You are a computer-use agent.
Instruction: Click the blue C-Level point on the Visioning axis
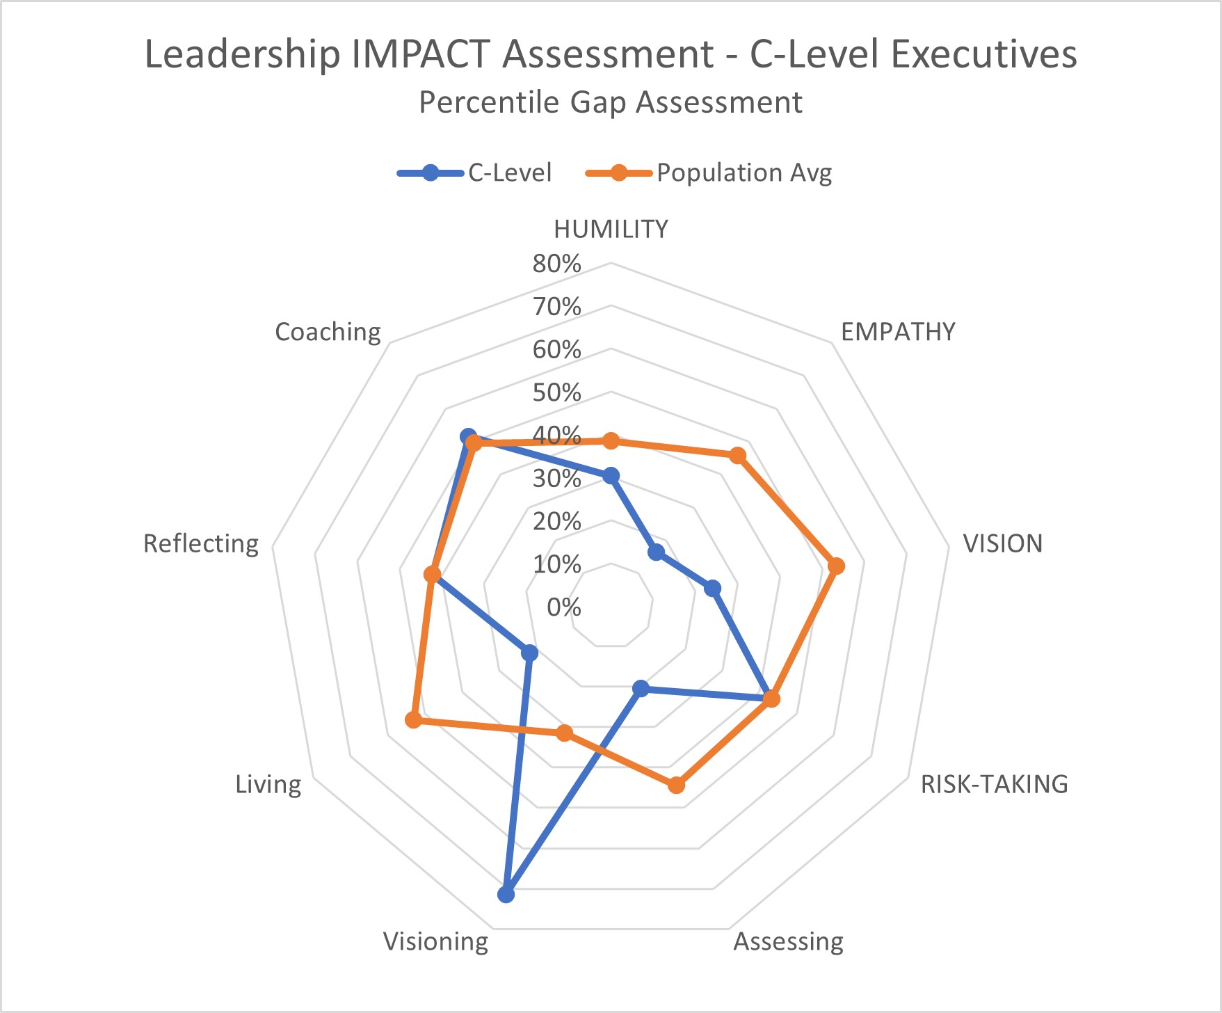tap(506, 894)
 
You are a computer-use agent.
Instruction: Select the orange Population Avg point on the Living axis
tap(413, 719)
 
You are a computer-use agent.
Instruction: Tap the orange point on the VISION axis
tap(837, 566)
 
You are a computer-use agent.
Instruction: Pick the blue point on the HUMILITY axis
tap(611, 476)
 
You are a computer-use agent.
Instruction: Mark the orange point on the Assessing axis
tap(676, 785)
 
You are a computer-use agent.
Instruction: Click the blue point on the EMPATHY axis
tap(656, 552)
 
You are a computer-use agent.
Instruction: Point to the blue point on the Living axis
tap(529, 653)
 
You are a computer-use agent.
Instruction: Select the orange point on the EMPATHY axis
tap(737, 456)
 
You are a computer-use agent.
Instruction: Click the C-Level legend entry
tap(509, 173)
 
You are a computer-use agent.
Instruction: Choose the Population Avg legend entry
tap(743, 173)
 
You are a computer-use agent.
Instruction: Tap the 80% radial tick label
tap(556, 264)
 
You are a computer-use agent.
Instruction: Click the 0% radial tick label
tap(563, 607)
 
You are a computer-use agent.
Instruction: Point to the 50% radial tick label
tap(556, 392)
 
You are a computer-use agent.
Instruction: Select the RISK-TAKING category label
tap(994, 784)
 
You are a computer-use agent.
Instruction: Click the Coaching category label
tap(328, 332)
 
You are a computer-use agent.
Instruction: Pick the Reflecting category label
tap(200, 543)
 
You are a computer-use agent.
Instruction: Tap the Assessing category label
tap(788, 941)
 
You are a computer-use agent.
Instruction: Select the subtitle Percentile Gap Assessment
tap(610, 102)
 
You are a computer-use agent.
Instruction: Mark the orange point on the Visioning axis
tap(565, 733)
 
